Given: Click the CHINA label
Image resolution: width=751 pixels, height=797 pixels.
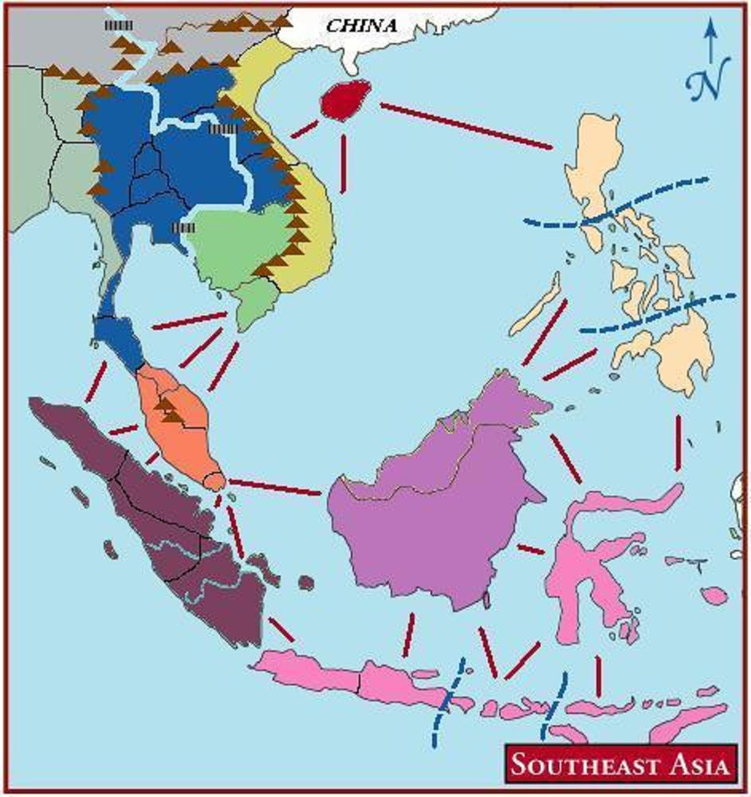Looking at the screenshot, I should pos(361,25).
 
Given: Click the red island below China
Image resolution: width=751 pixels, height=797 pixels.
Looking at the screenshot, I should pos(344,100).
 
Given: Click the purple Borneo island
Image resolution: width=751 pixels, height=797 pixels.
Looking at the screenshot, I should pos(431,518).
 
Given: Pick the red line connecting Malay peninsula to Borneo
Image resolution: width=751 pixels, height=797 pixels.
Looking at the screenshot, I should pos(276,486).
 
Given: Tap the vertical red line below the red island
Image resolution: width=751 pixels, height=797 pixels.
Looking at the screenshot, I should pos(343,163).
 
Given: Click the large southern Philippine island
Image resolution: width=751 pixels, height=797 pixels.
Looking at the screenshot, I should pos(678,351).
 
